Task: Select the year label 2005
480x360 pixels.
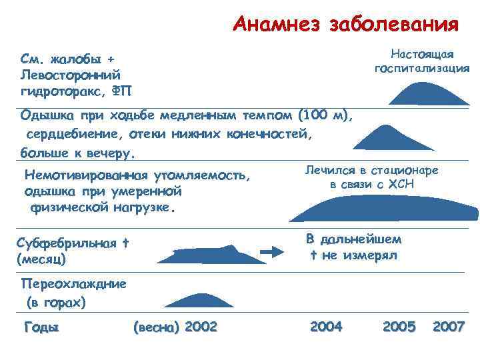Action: click(399, 327)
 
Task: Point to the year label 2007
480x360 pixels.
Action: click(449, 327)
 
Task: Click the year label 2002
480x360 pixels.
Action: click(201, 327)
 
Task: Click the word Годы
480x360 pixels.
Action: click(41, 327)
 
